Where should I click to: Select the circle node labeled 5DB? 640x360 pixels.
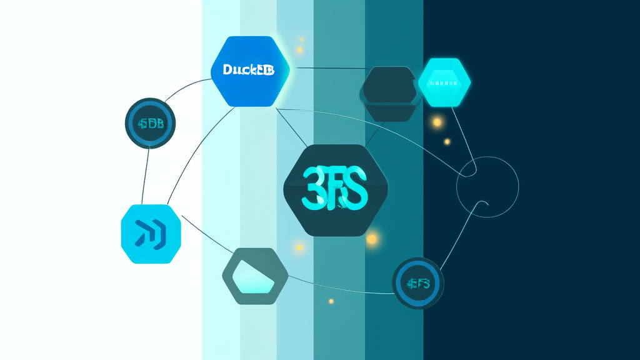[x=150, y=123]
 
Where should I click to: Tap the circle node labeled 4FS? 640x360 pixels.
[x=417, y=284]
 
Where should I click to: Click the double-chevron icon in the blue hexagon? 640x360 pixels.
[x=150, y=233]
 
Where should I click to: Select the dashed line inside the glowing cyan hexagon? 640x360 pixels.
[x=444, y=82]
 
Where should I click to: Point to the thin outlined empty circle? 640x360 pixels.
[x=487, y=186]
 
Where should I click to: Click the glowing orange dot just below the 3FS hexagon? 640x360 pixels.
[x=372, y=238]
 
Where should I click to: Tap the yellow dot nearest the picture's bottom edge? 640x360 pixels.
[x=331, y=301]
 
